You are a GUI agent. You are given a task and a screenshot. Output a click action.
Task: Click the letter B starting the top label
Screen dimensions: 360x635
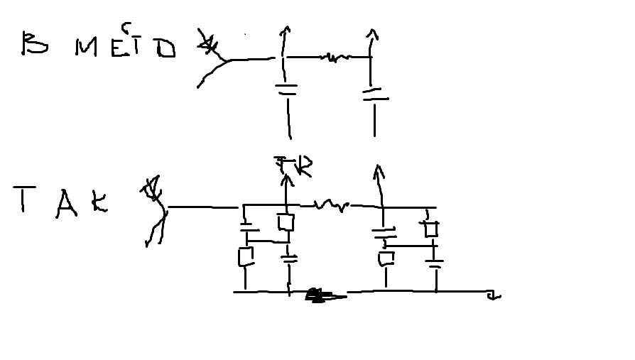tap(35, 44)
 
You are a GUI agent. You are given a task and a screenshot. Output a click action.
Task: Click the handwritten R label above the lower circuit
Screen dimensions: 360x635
tap(303, 168)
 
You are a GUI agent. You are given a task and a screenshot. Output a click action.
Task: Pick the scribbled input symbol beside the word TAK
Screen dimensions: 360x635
tap(155, 212)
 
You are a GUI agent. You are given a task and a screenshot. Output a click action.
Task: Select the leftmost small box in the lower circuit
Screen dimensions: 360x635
tap(246, 256)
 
